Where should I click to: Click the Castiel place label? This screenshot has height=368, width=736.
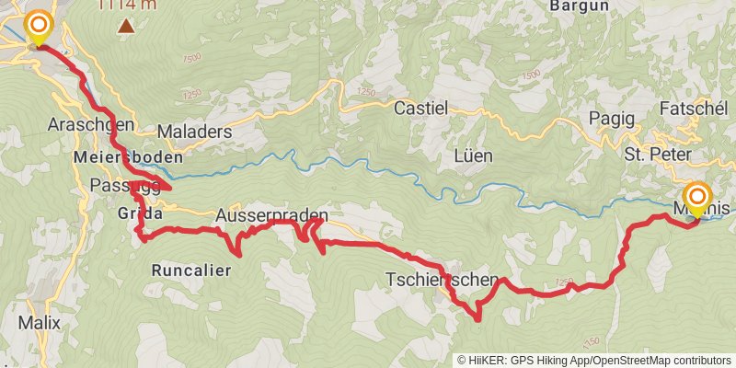click(420, 109)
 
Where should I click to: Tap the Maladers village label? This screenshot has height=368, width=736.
click(194, 132)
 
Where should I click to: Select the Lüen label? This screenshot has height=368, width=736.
click(475, 156)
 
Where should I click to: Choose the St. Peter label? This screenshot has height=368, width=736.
click(657, 154)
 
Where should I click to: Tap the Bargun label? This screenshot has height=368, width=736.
click(581, 6)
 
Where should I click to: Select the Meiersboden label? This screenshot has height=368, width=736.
click(127, 157)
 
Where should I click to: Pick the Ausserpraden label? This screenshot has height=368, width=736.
click(271, 215)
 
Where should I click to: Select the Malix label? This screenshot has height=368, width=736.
click(39, 323)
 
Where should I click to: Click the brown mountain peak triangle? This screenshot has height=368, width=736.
click(125, 26)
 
